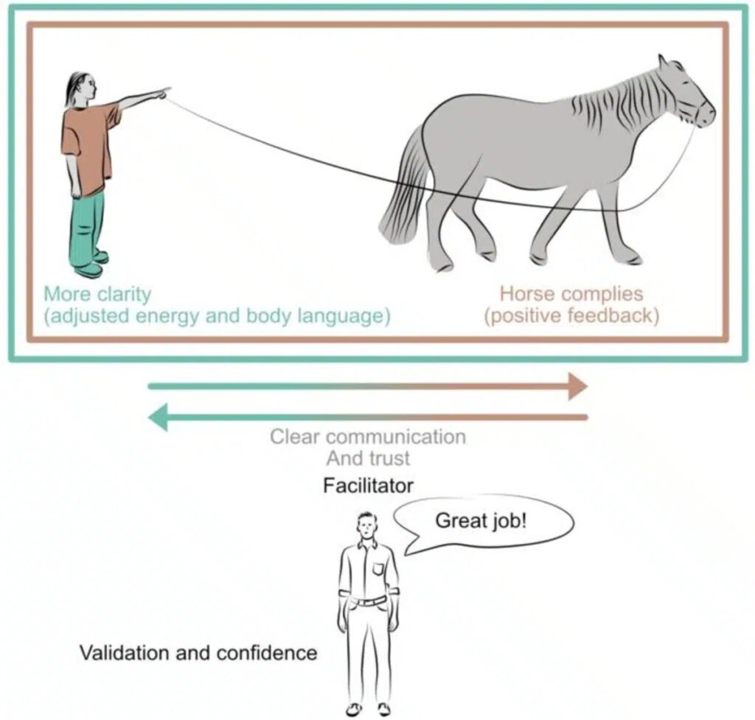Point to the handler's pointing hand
[x=161, y=93]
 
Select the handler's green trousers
[x=88, y=226]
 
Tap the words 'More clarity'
[x=97, y=293]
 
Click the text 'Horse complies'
[x=571, y=293]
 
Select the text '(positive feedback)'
[x=571, y=315]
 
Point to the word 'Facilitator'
[x=368, y=486]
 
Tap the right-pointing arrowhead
[x=577, y=386]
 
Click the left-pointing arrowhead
[x=158, y=417]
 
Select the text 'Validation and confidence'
[x=198, y=653]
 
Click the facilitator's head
[x=367, y=527]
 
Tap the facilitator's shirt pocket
[x=379, y=569]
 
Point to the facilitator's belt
[x=368, y=601]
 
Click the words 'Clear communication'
[x=368, y=437]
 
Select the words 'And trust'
[x=368, y=458]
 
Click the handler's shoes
[x=92, y=265]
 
